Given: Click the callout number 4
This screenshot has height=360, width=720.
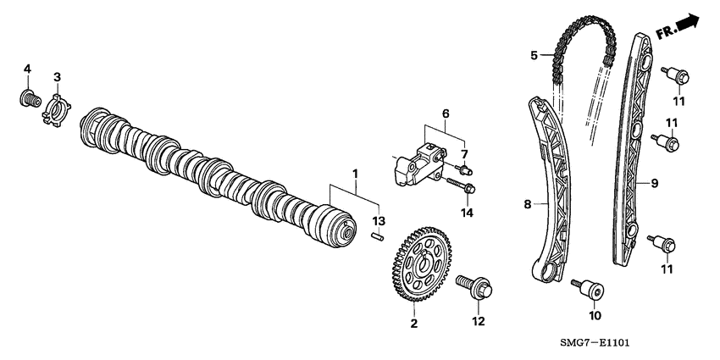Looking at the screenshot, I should (x=27, y=68).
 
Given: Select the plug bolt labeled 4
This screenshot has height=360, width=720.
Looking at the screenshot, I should (x=29, y=98).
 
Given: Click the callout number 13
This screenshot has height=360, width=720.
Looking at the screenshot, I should (x=379, y=221).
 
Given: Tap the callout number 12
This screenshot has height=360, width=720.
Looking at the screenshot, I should (x=479, y=321).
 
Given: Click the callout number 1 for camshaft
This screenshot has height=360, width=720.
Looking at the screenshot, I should (x=356, y=174).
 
